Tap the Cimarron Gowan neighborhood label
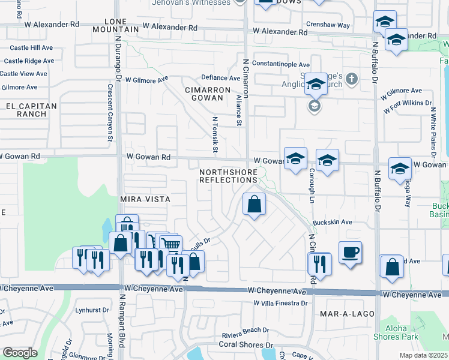point(208,94)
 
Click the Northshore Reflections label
point(228,176)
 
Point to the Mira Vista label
point(145,199)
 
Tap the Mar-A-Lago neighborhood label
point(347,314)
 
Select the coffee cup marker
point(350,252)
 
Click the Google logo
point(20,353)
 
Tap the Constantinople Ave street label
point(281,64)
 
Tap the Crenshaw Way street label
point(327,26)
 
